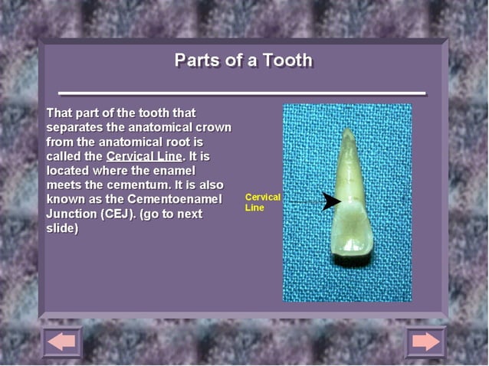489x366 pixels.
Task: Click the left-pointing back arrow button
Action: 62,341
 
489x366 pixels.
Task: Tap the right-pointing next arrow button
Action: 425,341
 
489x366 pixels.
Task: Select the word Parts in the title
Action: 196,60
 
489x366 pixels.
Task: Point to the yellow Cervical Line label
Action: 262,202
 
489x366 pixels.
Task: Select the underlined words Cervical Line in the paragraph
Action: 143,156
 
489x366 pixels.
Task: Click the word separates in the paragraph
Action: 74,127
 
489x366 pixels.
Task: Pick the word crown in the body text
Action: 214,127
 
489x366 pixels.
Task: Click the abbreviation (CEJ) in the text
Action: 117,214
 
